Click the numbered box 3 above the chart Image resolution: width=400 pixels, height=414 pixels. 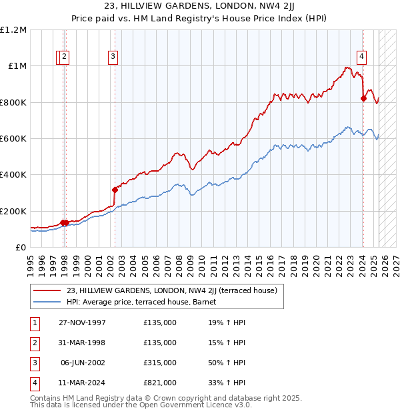[113, 57]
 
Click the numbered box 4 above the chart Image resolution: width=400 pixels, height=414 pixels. [361, 57]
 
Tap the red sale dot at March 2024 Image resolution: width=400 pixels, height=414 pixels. [363, 98]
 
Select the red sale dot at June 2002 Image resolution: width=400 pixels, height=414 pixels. [115, 190]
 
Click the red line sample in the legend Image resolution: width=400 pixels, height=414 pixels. [47, 290]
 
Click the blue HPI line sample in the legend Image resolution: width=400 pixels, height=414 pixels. [47, 302]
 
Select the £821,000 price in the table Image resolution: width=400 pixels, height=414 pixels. [160, 383]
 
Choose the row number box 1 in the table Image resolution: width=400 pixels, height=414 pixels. [33, 323]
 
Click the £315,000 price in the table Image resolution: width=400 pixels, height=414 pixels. [160, 363]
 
